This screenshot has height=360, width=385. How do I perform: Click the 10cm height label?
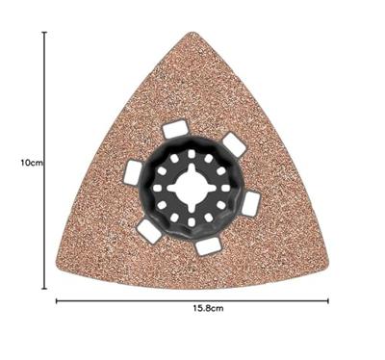[x=32, y=163]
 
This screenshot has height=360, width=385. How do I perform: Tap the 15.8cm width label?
[x=208, y=309]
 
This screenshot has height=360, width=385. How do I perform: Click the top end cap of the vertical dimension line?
[x=44, y=33]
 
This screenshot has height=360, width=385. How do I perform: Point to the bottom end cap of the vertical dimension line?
[x=44, y=289]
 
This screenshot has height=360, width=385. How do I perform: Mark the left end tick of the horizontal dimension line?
[x=57, y=301]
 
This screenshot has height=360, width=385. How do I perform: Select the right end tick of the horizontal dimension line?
[x=328, y=301]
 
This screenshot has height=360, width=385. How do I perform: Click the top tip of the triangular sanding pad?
[x=192, y=32]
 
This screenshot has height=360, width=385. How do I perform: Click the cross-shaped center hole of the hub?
[x=192, y=188]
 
